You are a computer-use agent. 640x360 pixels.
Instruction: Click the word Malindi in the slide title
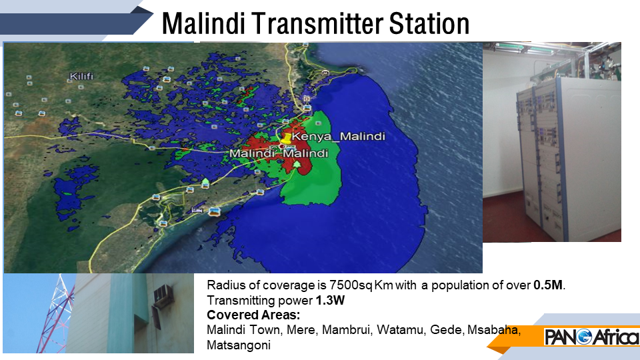pos(203,24)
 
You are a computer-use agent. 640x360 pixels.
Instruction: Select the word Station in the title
pos(429,24)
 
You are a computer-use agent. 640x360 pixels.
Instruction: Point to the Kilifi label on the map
pos(81,76)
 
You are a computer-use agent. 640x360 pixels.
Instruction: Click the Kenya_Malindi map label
pos(339,136)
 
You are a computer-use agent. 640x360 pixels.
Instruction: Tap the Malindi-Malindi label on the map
pos(279,153)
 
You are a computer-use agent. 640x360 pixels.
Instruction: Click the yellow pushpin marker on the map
pos(287,138)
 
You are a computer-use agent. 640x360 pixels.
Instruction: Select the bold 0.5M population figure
pos(548,285)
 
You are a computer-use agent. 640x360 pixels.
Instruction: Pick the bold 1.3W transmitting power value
pos(330,301)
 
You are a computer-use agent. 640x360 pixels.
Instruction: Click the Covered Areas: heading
pos(253,315)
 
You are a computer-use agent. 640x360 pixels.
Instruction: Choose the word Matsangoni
pos(239,345)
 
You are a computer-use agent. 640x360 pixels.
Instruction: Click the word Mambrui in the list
pos(347,330)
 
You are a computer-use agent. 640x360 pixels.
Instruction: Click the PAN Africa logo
pos(592,337)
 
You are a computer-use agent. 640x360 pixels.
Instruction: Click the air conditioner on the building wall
pos(163,296)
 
